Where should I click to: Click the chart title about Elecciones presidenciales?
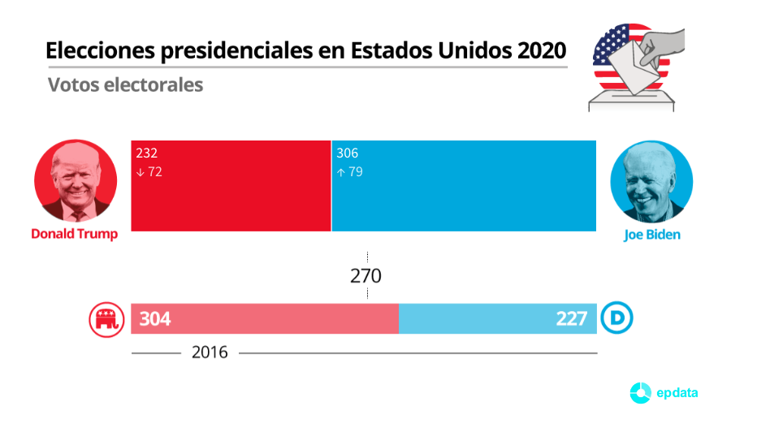[x=305, y=50]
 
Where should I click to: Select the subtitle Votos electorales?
[x=125, y=84]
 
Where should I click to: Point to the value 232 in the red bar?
[x=147, y=153]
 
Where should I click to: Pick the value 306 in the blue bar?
[x=347, y=153]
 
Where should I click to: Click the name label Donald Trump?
[x=75, y=234]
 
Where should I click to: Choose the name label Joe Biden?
[x=651, y=235]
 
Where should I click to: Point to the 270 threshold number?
[x=366, y=276]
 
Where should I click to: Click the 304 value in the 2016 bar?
[x=154, y=319]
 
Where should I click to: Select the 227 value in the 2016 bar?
[x=572, y=319]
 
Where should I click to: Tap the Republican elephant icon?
[x=103, y=319]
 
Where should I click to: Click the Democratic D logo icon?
[x=616, y=319]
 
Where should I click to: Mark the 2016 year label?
[x=210, y=352]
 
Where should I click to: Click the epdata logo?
[x=664, y=393]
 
